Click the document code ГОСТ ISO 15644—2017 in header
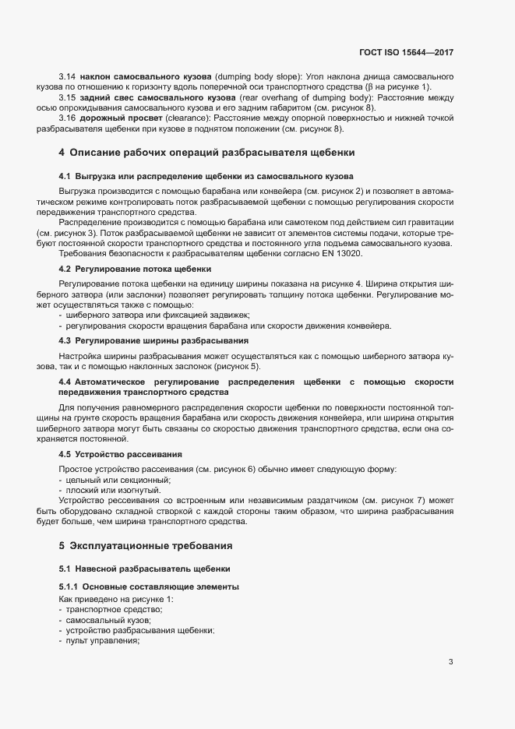pos(417,52)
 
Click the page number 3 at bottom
pos(450,662)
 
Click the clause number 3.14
pos(67,79)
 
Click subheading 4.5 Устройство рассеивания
pos(121,453)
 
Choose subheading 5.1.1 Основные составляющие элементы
pos(149,586)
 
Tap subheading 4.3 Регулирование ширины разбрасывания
pos(153,340)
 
